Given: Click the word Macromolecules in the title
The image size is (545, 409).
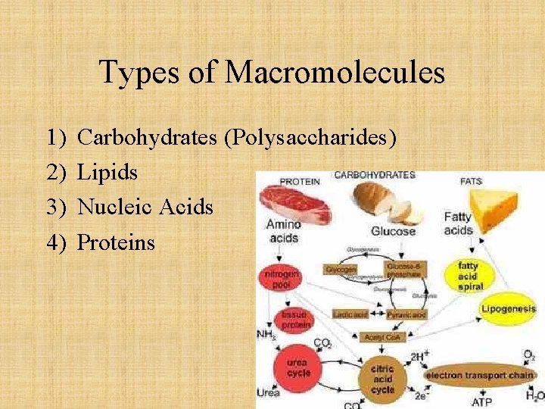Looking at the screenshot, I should pos(335,73).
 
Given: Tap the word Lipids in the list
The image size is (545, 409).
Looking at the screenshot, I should pos(107,173).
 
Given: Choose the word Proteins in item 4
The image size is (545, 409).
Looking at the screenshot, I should pos(116,242).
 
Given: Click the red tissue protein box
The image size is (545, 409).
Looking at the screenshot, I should pos(294,319).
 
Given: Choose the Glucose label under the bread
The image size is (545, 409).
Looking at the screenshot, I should pos(393,231).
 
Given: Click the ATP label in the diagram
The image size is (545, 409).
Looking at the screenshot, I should pos(482,401).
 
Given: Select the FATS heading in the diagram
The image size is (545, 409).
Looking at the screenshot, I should pos(471,181).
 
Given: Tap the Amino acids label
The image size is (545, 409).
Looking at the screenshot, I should pos(282,230).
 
